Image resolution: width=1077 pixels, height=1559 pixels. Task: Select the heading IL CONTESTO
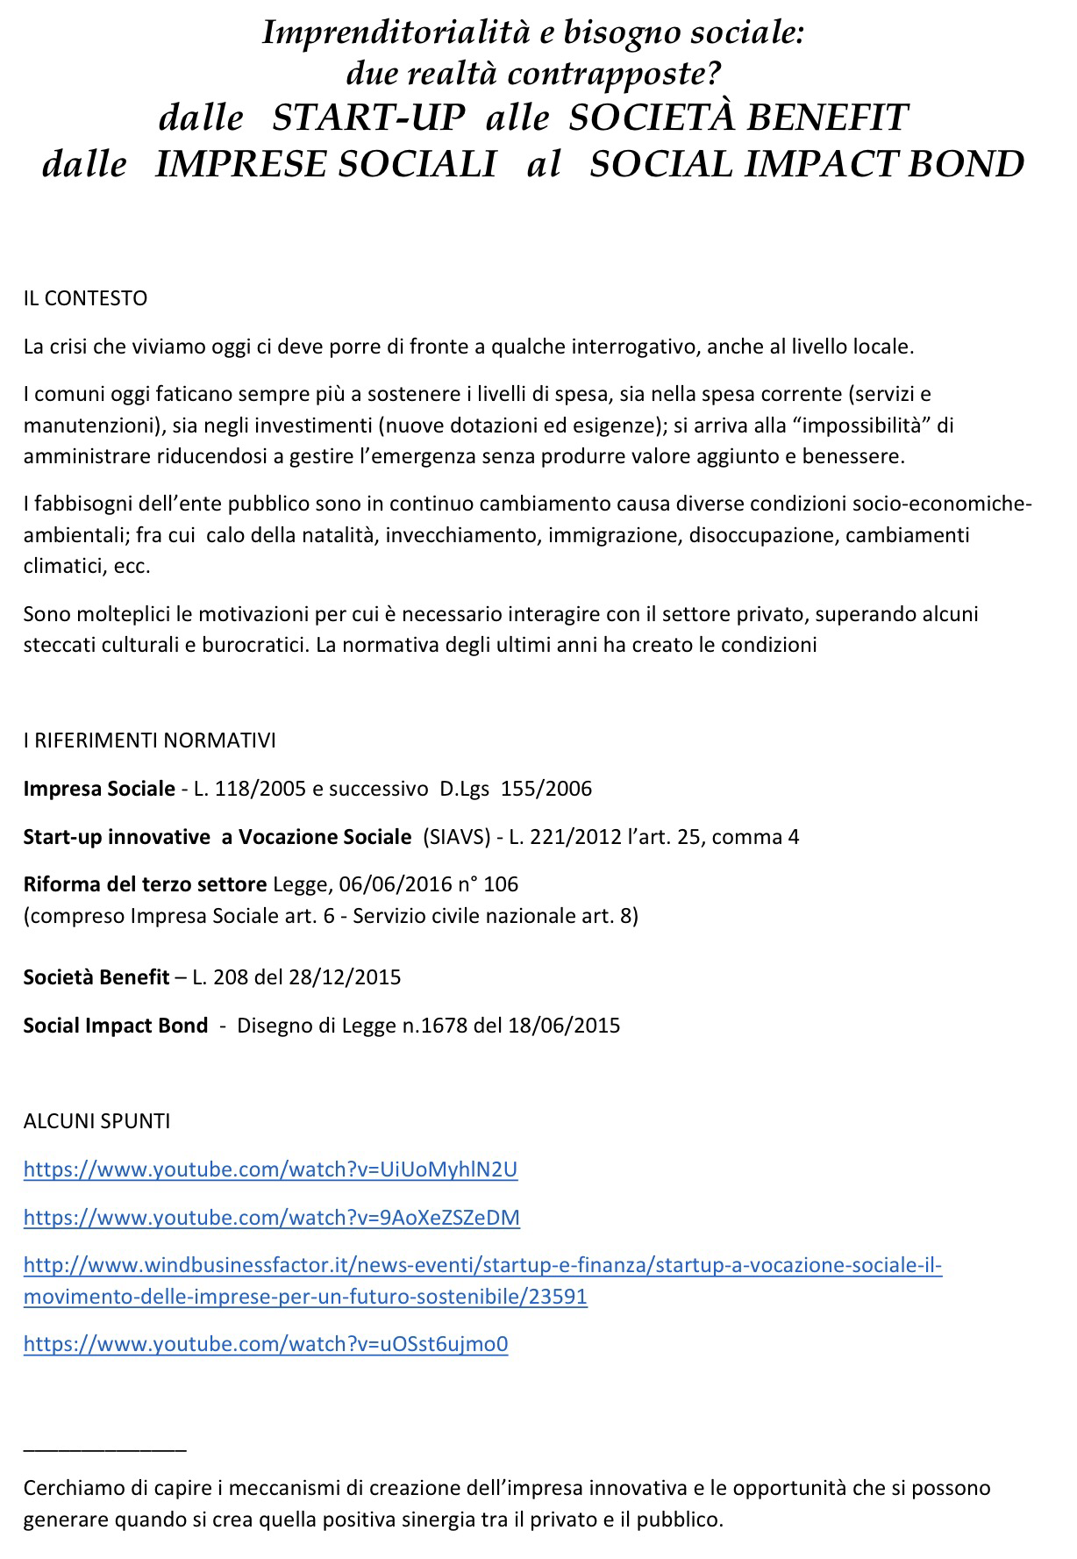pyautogui.click(x=85, y=298)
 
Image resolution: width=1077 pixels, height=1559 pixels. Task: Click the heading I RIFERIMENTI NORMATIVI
pyautogui.click(x=149, y=740)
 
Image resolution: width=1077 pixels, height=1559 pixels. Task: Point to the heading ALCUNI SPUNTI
pyautogui.click(x=96, y=1121)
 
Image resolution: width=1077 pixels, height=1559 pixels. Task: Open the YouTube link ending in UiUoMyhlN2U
pyautogui.click(x=270, y=1169)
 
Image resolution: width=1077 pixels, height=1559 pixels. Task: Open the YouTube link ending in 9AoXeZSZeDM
pyautogui.click(x=271, y=1218)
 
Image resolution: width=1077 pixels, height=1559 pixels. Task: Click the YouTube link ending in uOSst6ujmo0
pyautogui.click(x=266, y=1344)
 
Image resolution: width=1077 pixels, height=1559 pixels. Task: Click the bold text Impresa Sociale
pyautogui.click(x=99, y=789)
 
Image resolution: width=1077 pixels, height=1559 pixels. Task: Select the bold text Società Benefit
pyautogui.click(x=96, y=977)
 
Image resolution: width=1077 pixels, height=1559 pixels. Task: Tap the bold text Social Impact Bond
pyautogui.click(x=116, y=1026)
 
